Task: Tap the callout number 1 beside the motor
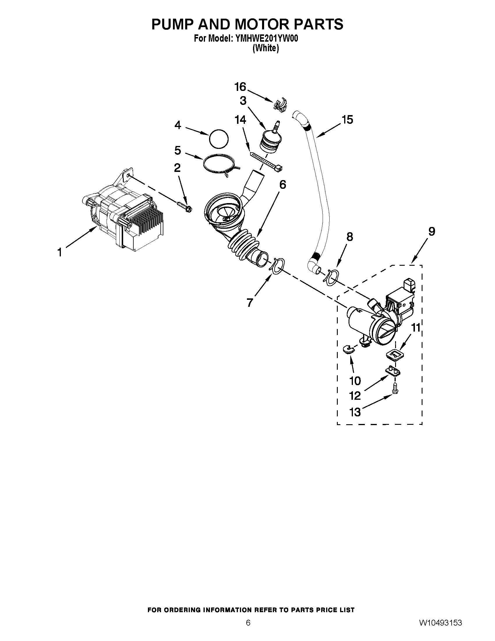coord(59,252)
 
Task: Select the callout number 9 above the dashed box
coord(431,232)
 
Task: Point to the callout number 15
coord(347,120)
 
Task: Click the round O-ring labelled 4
coord(219,138)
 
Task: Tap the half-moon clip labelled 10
coord(348,349)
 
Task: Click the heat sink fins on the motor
coord(147,226)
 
